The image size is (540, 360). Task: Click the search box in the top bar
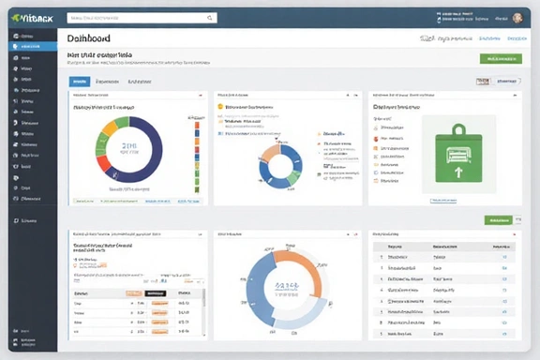(x=142, y=17)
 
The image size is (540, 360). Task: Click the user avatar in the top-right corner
(x=517, y=17)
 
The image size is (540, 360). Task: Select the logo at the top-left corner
(x=30, y=17)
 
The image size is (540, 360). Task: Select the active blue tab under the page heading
(x=80, y=82)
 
